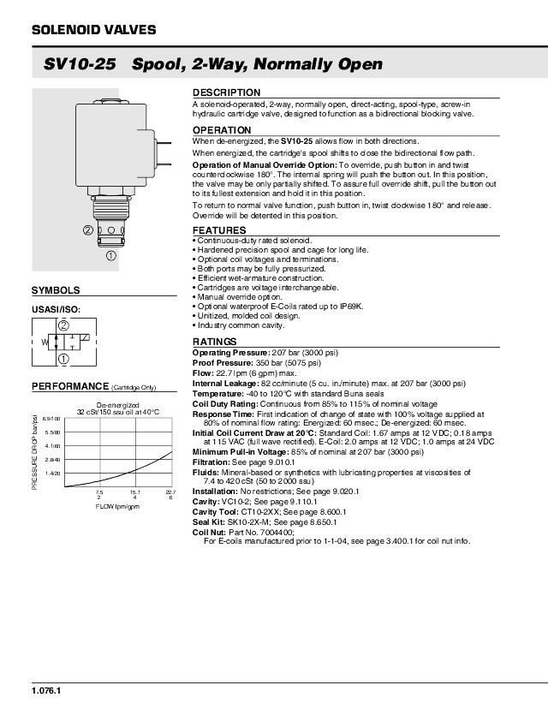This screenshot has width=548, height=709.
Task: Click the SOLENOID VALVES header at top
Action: pos(93,30)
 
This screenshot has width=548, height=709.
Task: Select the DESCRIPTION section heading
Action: pos(226,92)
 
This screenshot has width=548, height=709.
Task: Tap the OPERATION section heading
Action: pos(221,130)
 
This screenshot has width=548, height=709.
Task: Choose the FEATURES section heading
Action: pos(218,230)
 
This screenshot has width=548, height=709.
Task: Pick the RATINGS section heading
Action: pos(215,342)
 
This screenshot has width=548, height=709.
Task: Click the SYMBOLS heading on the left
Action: pos(56,291)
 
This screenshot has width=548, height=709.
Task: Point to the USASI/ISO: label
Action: pos(56,309)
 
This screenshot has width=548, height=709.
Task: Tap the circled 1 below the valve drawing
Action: pos(111,255)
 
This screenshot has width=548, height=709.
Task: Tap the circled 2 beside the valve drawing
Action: pos(87,230)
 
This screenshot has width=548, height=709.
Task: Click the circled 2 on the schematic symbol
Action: pos(63,325)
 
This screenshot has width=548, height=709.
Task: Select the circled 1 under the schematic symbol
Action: pos(63,359)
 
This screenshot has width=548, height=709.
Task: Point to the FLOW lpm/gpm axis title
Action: pos(117,507)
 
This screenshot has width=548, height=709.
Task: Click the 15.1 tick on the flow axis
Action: pos(135,492)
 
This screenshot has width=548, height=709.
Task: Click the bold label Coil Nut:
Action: pos(209,532)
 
